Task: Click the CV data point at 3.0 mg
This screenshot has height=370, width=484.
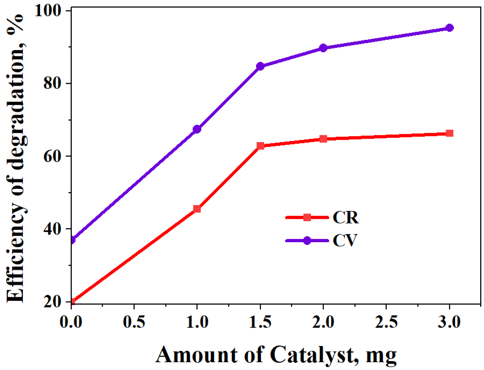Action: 449,28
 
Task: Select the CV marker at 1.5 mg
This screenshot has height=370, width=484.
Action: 260,66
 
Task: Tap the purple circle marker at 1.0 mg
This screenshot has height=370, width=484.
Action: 197,129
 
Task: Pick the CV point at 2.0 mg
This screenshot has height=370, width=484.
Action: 323,48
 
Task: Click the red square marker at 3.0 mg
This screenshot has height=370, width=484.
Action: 449,133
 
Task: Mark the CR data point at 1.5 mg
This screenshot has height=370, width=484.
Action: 260,146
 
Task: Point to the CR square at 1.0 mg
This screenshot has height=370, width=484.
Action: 197,209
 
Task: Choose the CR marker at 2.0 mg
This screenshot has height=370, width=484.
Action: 323,139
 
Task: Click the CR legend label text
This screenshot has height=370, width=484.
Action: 345,217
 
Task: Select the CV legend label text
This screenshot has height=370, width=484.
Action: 345,240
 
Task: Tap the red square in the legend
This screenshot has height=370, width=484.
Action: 307,217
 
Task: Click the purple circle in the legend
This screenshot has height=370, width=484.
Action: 307,240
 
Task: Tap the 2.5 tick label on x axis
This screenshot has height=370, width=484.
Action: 386,322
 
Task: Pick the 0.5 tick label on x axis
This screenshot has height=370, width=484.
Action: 134,322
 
